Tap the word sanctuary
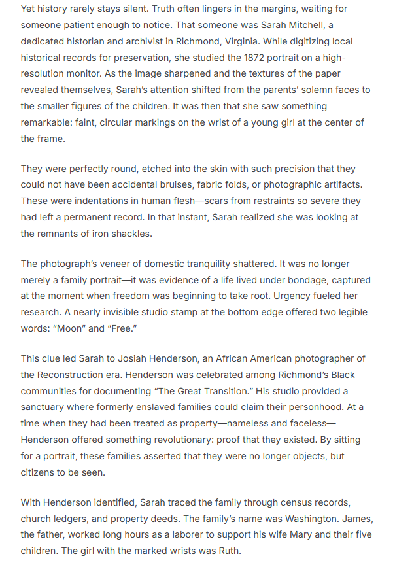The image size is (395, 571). click(x=46, y=407)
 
